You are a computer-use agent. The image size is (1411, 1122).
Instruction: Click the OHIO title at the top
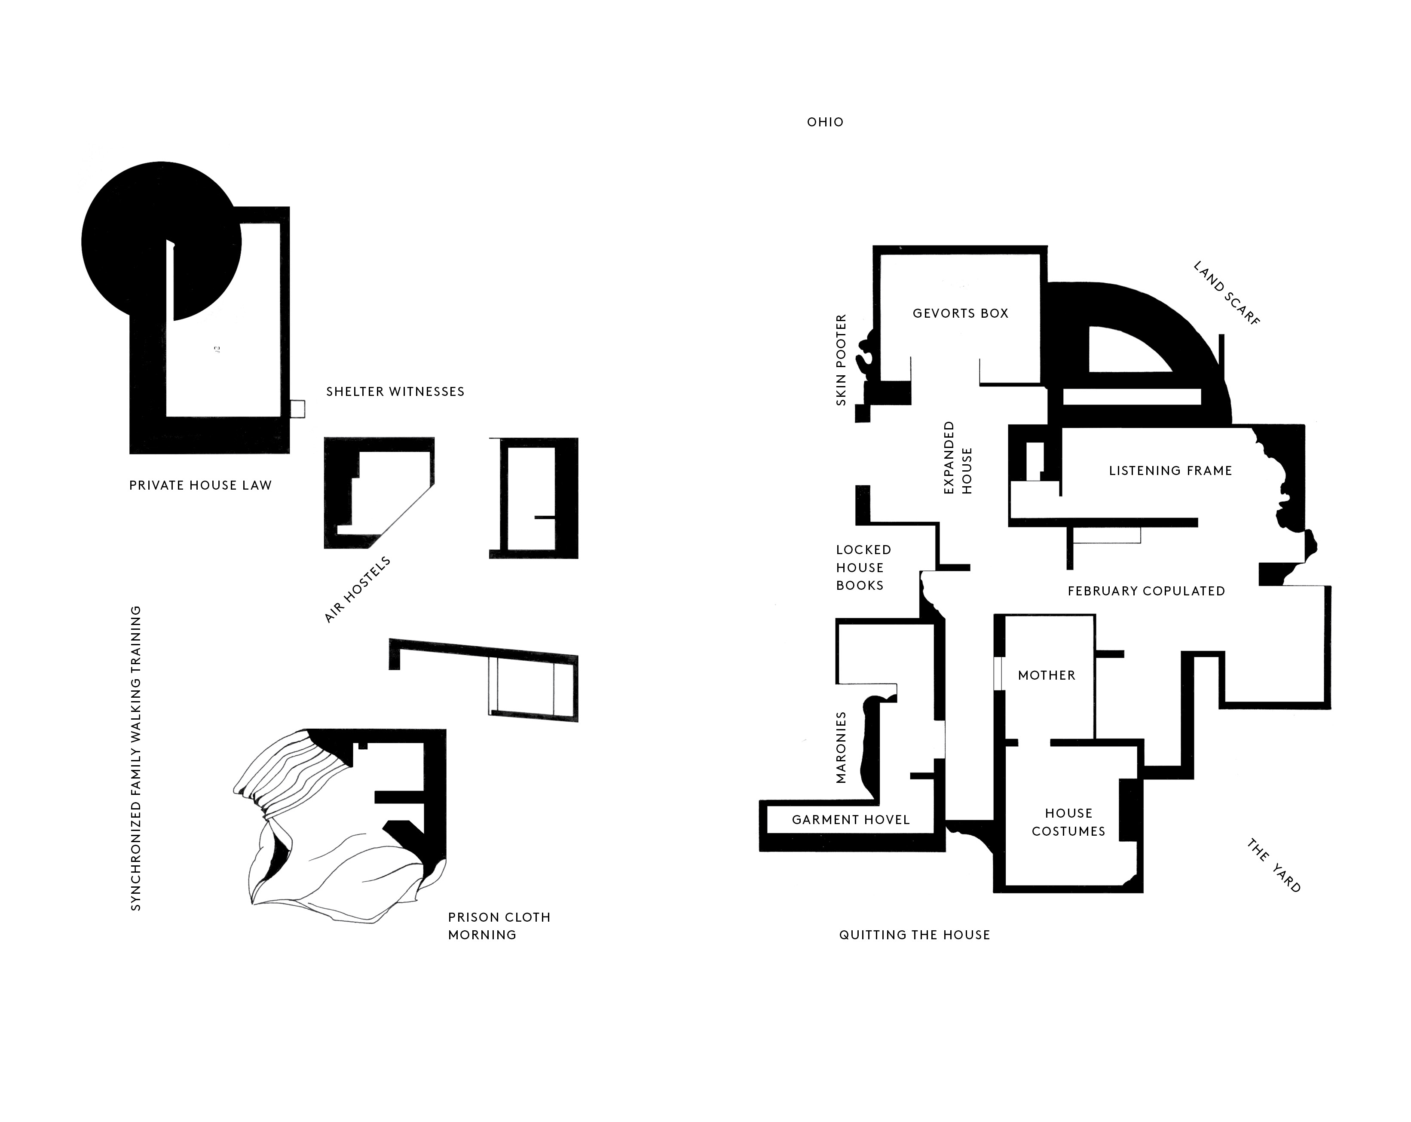click(x=825, y=122)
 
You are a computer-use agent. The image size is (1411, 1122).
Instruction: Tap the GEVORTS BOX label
click(x=960, y=313)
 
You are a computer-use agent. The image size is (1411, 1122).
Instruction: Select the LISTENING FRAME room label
click(x=1170, y=471)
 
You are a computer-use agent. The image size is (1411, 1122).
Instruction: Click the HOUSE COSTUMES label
click(x=1068, y=822)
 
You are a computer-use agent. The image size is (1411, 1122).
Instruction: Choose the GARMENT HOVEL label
click(x=851, y=819)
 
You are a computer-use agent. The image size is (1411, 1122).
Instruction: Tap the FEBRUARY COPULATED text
click(x=1146, y=591)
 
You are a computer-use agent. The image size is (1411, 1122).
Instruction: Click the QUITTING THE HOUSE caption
click(x=914, y=935)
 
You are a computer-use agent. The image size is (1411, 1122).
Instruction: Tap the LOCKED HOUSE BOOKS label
click(x=863, y=567)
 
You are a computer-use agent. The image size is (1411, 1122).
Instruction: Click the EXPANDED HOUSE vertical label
click(x=958, y=457)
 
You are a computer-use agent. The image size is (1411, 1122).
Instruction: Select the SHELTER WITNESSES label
click(x=395, y=392)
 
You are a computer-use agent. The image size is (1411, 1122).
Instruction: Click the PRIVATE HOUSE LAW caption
click(x=200, y=485)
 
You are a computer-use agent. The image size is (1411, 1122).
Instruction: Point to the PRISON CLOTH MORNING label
click(x=499, y=926)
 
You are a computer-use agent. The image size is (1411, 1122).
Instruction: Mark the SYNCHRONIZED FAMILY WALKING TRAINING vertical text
click(x=135, y=757)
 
